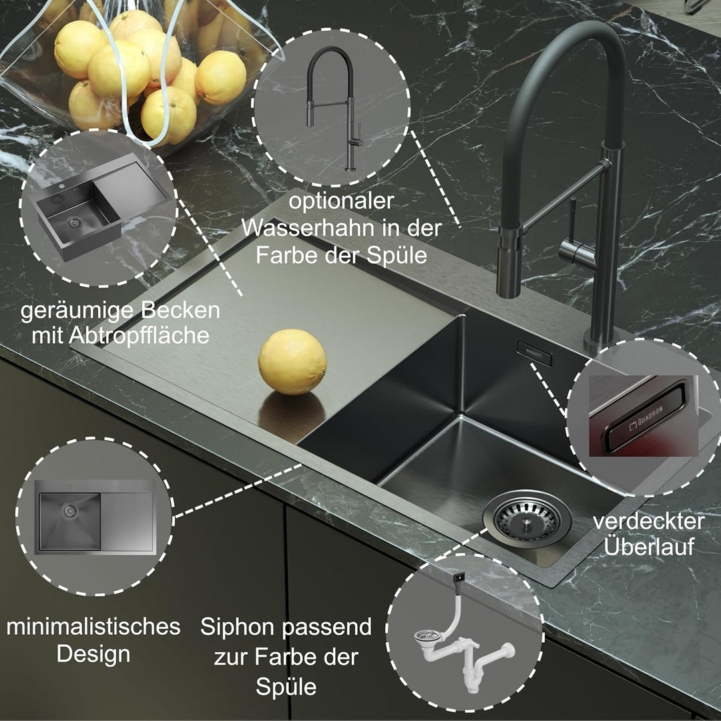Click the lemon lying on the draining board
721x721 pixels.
click(292, 362)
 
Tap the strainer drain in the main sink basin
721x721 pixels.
click(527, 519)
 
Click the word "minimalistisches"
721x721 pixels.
click(93, 627)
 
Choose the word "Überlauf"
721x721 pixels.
click(649, 547)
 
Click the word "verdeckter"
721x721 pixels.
click(648, 521)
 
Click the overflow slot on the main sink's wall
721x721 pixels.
click(534, 353)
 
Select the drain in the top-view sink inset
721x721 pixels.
click(70, 509)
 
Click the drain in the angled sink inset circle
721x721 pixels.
click(73, 222)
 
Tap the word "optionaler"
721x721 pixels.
click(341, 202)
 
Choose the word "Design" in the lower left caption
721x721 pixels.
click(93, 654)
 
